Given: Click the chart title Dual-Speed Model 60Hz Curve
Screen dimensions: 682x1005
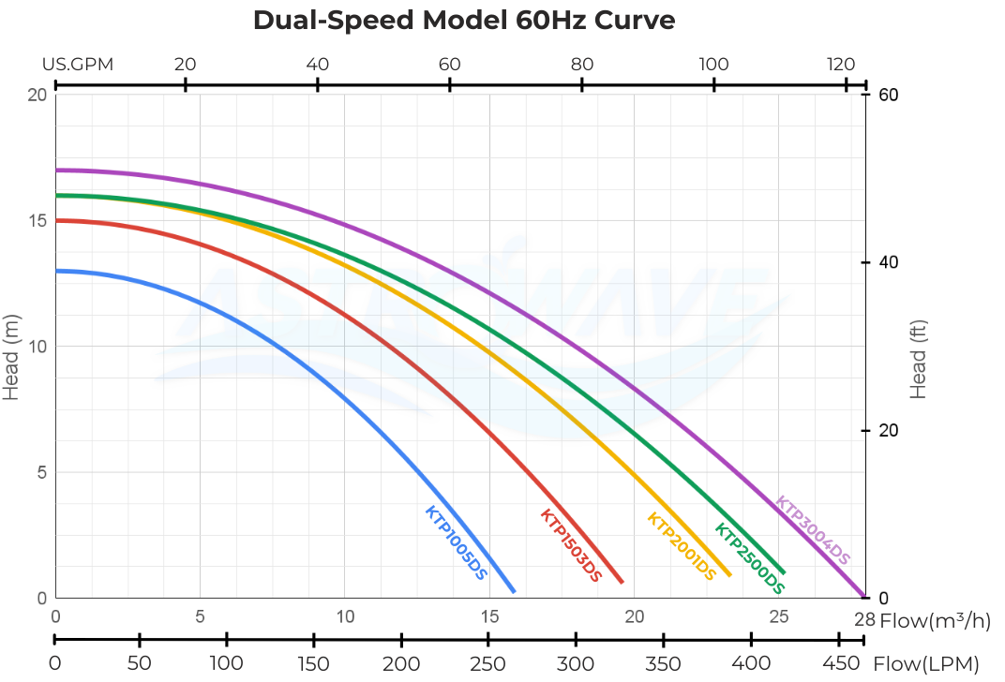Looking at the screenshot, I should point(464,21).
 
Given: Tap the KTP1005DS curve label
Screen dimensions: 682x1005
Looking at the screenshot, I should point(457,543).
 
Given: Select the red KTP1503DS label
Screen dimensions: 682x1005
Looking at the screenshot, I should point(571,545).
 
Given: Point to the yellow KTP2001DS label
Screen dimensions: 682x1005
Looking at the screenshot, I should point(689,546).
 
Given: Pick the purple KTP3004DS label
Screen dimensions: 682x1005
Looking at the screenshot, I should point(813,530).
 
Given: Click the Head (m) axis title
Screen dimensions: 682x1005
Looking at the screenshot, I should point(11,356).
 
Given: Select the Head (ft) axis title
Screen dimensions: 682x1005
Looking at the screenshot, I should point(918,356).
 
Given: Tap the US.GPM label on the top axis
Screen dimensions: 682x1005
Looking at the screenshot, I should point(78,65).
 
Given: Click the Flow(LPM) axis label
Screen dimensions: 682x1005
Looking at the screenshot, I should point(925,664).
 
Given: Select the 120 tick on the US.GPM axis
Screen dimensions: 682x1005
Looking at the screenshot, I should point(841,65).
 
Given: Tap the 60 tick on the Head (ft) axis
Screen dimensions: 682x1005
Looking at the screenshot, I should point(887,95).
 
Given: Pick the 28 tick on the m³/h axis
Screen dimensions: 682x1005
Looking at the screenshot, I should point(864,618).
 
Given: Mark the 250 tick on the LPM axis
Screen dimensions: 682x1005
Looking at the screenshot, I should point(487,663).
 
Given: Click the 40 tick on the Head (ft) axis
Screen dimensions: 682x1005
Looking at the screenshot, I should point(887,263).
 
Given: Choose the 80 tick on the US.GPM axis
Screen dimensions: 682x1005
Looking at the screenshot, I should point(582,65).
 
